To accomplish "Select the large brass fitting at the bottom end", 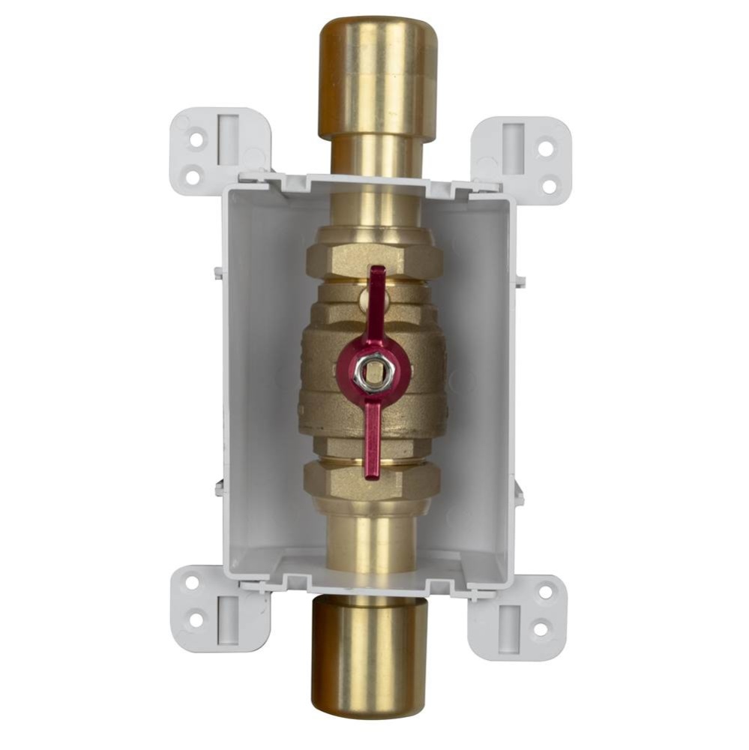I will (x=370, y=655).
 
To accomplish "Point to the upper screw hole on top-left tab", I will (x=196, y=139).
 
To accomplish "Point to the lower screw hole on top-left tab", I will (x=193, y=177).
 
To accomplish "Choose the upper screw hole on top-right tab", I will (x=545, y=148).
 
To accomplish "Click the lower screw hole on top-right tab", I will (x=550, y=184).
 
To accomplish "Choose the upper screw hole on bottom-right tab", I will (x=545, y=591).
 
